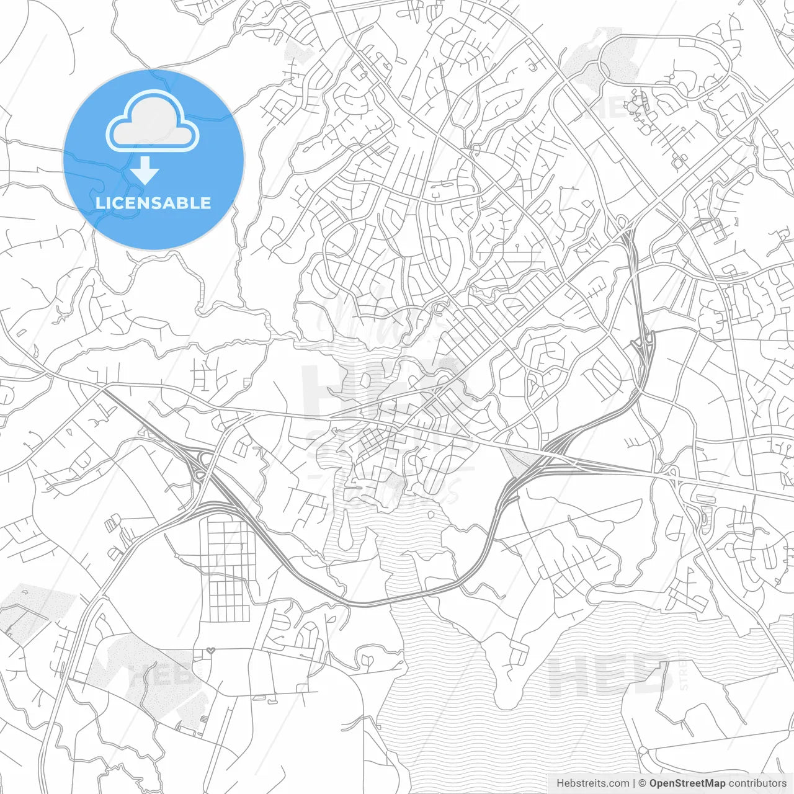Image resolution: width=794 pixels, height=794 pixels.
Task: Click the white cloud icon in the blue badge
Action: [153, 122]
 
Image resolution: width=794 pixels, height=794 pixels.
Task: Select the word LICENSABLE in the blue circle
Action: [153, 203]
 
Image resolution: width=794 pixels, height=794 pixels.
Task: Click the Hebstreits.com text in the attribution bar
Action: [592, 783]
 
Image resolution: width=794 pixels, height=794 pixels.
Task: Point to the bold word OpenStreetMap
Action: [687, 783]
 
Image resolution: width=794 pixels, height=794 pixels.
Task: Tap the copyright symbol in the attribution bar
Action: [642, 783]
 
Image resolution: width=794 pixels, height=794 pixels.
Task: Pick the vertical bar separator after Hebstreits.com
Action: [633, 783]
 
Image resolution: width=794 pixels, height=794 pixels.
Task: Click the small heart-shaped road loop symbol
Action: [211, 651]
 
